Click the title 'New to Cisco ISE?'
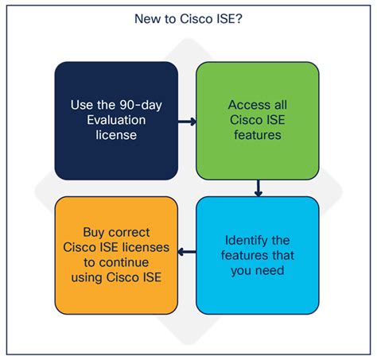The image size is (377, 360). [188, 19]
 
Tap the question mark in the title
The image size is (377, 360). [239, 19]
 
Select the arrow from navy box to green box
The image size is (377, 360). [187, 122]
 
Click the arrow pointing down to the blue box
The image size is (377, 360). [258, 188]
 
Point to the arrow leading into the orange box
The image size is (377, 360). [187, 252]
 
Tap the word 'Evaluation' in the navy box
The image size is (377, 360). [116, 120]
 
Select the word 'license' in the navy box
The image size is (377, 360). [116, 135]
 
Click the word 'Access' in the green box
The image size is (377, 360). [249, 105]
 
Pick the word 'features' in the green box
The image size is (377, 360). [258, 135]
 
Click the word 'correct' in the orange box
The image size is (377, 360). [129, 233]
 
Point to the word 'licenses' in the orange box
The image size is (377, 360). [146, 247]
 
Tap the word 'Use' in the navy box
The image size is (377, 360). [82, 105]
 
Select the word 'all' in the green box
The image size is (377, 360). [281, 105]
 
